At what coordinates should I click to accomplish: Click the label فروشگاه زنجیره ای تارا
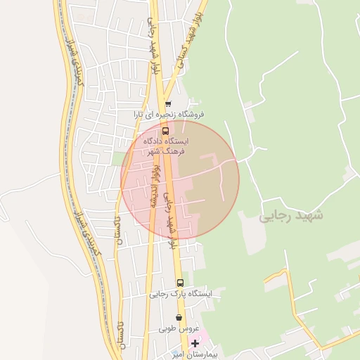coord(169,114)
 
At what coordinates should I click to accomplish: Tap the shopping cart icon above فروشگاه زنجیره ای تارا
coord(169,103)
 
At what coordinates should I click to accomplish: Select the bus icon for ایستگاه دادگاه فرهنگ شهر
coord(166,130)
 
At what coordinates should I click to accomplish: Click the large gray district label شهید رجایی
coord(291,215)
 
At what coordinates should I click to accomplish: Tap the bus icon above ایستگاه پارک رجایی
coord(179,283)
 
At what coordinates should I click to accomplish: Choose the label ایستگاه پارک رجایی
coord(180,295)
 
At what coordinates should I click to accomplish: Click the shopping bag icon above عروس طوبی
coord(179,317)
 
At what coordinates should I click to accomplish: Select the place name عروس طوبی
coord(179,328)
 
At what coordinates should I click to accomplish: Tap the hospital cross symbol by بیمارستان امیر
coord(195,343)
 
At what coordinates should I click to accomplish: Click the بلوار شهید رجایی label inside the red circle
coord(168,218)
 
